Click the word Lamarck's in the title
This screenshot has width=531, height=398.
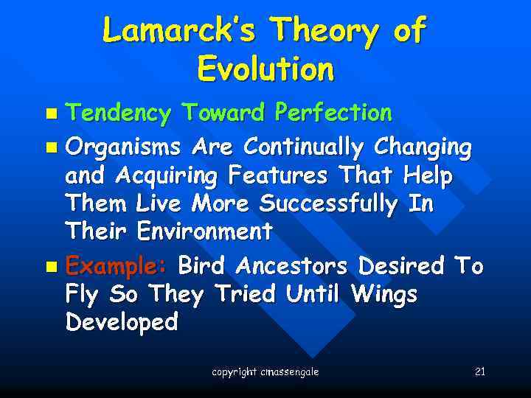click(x=179, y=31)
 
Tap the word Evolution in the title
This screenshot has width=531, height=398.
click(x=265, y=69)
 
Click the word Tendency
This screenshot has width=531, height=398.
click(x=118, y=114)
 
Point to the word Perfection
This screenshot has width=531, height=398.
click(x=333, y=113)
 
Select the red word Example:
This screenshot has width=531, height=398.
click(x=118, y=265)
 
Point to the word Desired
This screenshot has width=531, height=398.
click(x=401, y=265)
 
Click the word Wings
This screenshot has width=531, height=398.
click(x=384, y=294)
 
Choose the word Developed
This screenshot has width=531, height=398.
click(x=122, y=322)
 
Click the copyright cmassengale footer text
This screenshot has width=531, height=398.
click(x=265, y=372)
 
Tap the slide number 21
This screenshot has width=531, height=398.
click(x=479, y=371)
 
